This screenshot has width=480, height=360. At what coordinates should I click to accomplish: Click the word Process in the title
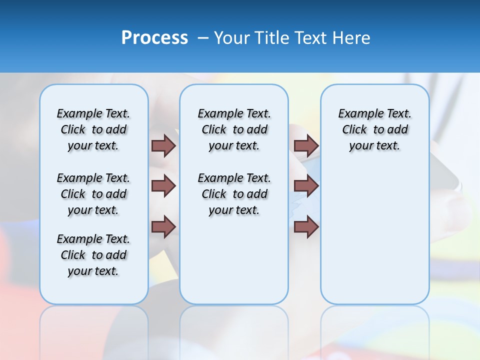[154, 38]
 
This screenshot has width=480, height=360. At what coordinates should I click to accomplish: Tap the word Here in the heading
[352, 38]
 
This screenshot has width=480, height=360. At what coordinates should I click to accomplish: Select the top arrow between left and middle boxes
[163, 145]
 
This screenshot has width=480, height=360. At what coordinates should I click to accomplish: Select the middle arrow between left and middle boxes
[163, 186]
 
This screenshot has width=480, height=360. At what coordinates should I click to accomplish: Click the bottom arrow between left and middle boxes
[163, 226]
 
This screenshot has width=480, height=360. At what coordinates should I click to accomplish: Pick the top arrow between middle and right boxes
[306, 145]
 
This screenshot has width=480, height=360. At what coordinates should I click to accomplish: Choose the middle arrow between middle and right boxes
[306, 186]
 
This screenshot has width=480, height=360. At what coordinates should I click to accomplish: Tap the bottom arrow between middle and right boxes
[306, 226]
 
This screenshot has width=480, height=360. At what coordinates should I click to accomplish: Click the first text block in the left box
[93, 129]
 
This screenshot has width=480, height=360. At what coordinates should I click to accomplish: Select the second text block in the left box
[93, 194]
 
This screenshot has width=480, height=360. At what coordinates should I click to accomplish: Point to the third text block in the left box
[93, 255]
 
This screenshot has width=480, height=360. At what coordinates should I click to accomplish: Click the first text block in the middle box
[234, 129]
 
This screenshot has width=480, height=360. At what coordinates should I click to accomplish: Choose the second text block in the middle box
[234, 194]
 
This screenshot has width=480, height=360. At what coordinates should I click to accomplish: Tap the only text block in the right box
[374, 129]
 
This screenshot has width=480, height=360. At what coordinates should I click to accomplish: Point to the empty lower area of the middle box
[234, 260]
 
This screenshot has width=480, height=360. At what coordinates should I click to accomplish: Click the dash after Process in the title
[203, 38]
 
